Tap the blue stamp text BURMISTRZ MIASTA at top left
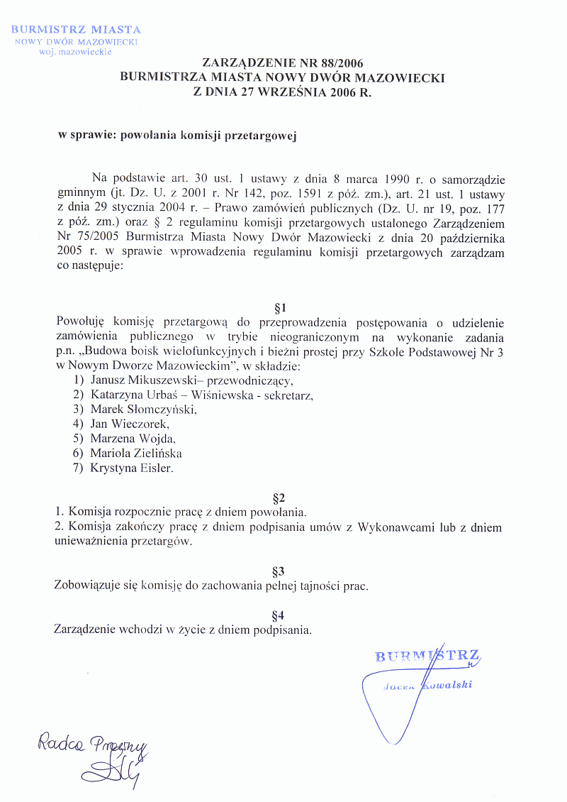[75, 30]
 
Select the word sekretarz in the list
[288, 395]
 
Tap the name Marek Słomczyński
[143, 410]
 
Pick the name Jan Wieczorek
[130, 424]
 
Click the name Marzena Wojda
[133, 439]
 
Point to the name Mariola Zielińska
[136, 453]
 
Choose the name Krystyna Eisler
[131, 468]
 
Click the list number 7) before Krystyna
[79, 468]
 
